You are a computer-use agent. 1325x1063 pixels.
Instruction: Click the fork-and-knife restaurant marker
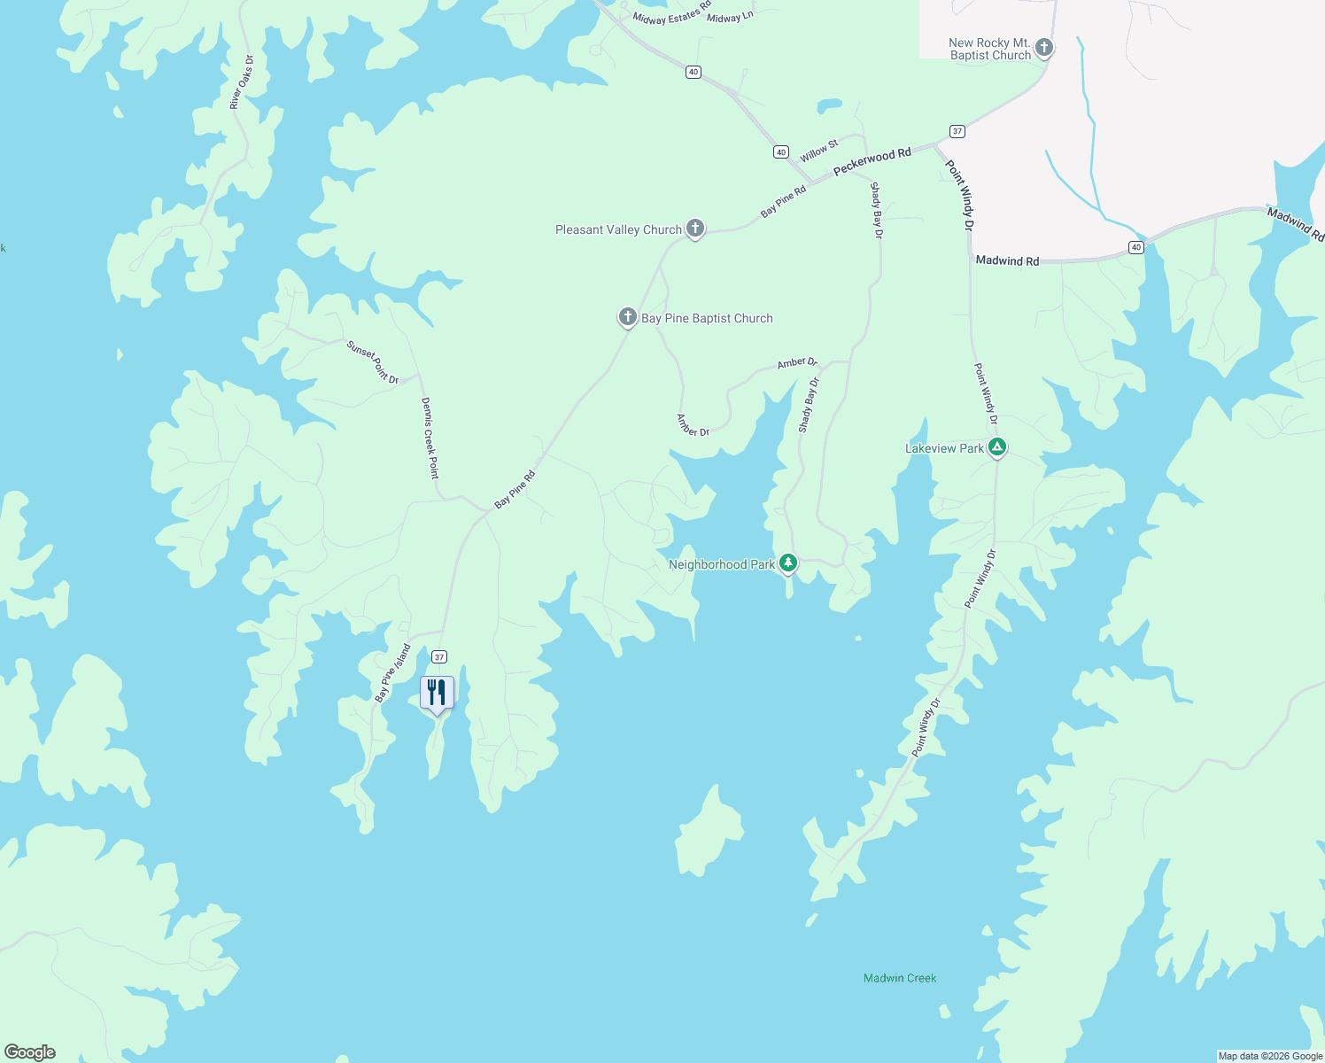[437, 692]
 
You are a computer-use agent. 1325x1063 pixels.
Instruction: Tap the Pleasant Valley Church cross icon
[695, 229]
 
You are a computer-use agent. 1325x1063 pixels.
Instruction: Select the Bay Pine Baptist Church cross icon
[627, 316]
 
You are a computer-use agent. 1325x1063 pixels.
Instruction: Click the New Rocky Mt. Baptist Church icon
[1044, 48]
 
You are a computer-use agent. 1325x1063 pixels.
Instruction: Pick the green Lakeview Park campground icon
[997, 447]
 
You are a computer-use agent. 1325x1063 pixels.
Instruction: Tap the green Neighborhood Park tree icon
[787, 563]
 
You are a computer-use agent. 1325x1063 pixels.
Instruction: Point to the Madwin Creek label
[900, 978]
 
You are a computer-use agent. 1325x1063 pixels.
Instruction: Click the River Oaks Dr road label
[241, 82]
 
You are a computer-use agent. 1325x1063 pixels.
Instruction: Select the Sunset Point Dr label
[373, 362]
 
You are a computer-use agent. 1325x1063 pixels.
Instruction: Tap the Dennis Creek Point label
[430, 438]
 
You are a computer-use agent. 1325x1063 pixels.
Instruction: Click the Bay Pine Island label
[392, 673]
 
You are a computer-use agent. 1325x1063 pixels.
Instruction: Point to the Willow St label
[819, 151]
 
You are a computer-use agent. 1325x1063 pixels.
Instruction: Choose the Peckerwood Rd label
[872, 161]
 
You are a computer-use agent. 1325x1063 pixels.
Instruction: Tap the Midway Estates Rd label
[671, 13]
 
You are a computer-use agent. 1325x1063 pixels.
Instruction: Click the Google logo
[29, 1051]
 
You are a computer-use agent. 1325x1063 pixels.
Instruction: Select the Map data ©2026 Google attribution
[1270, 1056]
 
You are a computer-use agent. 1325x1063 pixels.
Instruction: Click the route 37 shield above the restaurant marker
[439, 657]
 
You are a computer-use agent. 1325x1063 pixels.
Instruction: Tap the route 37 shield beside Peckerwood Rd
[957, 131]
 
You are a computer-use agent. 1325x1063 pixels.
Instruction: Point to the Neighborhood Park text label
[722, 564]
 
